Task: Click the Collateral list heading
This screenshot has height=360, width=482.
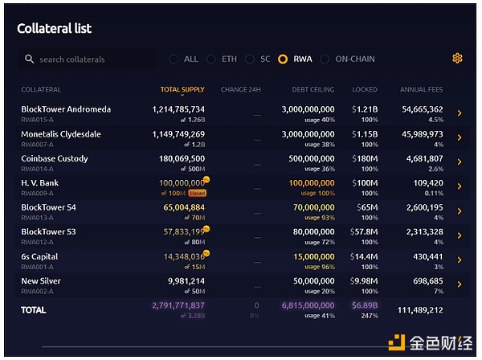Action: pos(55,29)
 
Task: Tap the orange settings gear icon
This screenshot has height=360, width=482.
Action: pos(457,58)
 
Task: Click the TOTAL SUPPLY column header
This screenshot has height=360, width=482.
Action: pos(182,89)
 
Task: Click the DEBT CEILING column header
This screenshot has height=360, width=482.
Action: pos(312,89)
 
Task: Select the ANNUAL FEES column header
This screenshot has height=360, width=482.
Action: pos(421,89)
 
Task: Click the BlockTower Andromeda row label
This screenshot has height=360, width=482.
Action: pos(66,109)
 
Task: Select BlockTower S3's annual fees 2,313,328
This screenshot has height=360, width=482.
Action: pos(425,232)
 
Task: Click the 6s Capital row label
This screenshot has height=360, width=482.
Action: pos(39,257)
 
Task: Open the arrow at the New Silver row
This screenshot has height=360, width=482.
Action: pos(460,284)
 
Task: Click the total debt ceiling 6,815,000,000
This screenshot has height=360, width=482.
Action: pos(307,306)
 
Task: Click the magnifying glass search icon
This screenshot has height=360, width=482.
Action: pos(30,59)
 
